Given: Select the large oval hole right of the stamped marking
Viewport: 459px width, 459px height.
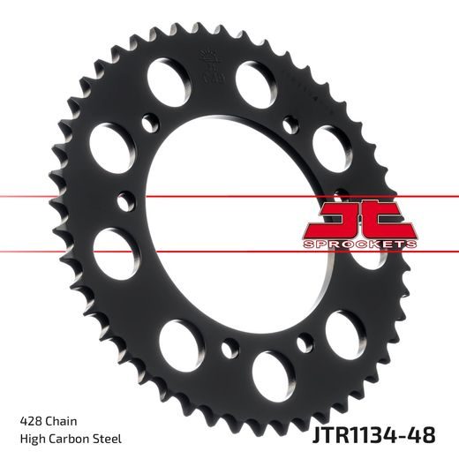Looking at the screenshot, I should tap(255, 79).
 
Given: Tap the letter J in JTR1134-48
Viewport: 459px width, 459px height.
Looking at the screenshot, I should tap(314, 435).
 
